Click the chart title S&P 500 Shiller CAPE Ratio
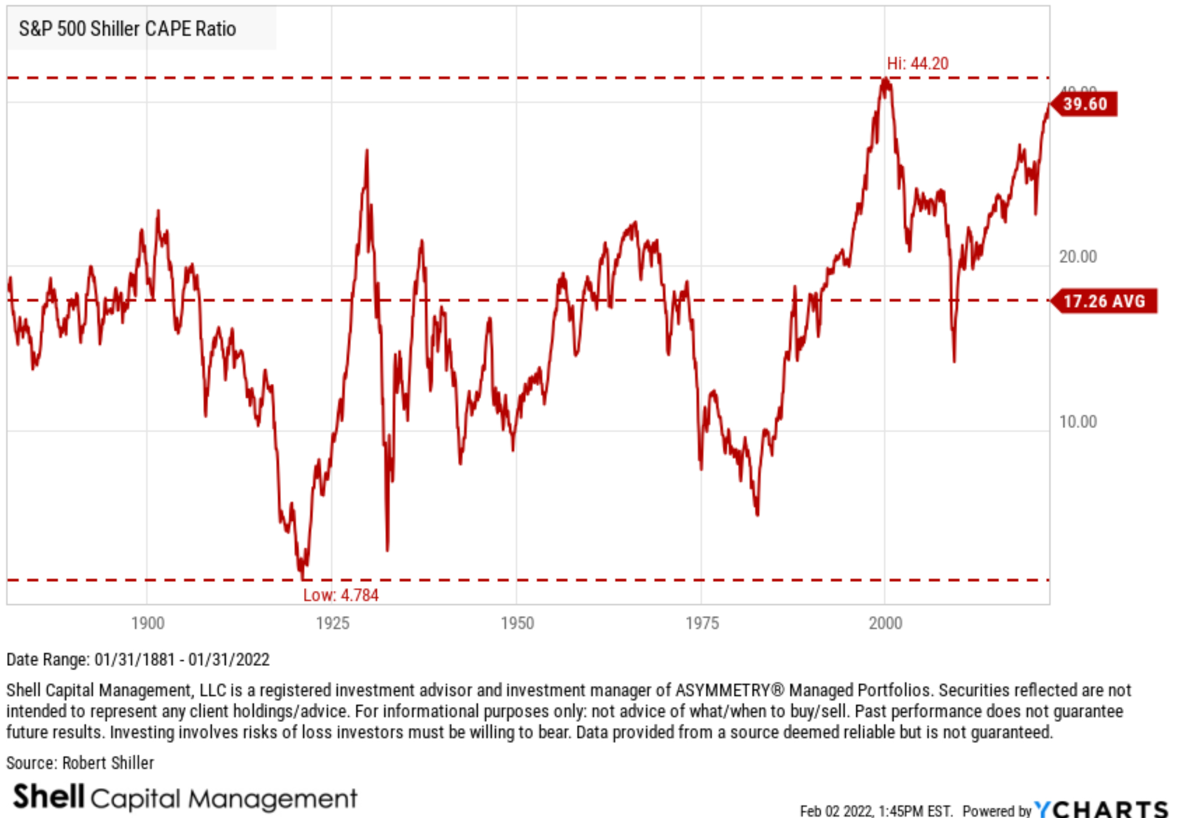point(127,29)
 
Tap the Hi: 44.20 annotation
point(917,63)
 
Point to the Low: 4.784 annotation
point(340,595)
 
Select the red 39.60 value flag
point(1084,104)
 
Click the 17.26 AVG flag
point(1103,301)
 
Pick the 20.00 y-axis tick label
point(1078,257)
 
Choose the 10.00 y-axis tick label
point(1078,421)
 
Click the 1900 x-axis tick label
point(148,623)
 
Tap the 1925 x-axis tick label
point(333,623)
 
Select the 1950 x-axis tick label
point(517,623)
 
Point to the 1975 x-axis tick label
point(702,623)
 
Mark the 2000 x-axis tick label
point(885,623)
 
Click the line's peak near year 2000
point(885,79)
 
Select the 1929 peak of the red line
point(367,151)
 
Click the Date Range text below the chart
point(138,660)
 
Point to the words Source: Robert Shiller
point(80,763)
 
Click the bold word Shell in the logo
point(49,796)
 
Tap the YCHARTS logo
point(1101,809)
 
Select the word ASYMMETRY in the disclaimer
point(722,690)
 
